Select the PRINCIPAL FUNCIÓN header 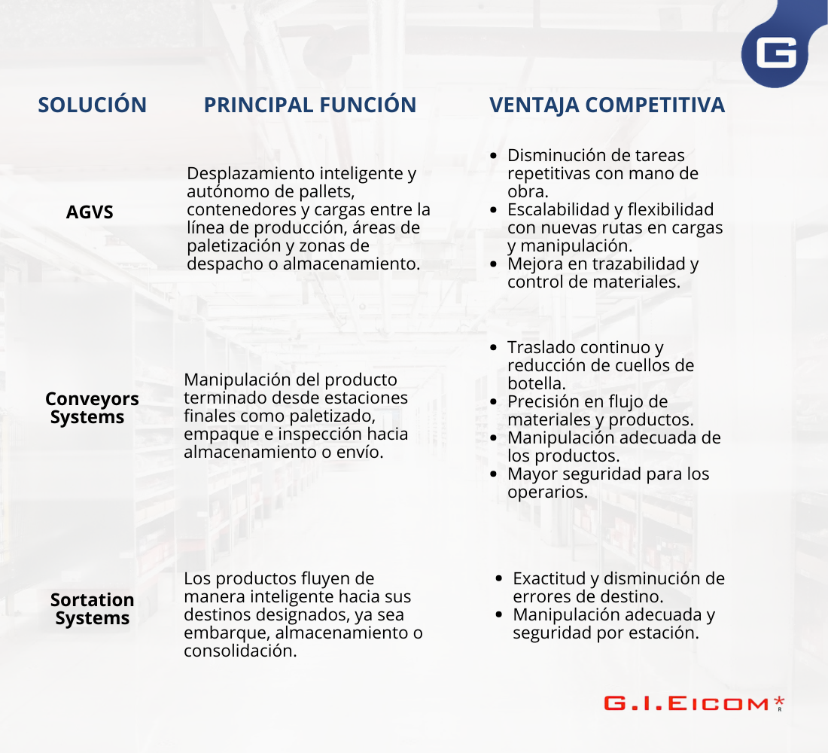click(310, 105)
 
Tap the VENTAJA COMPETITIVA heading click(607, 105)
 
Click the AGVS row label click(90, 212)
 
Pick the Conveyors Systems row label click(92, 408)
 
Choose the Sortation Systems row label click(93, 608)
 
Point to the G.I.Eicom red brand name click(686, 704)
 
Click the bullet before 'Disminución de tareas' click(493, 156)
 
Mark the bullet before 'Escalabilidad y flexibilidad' click(493, 210)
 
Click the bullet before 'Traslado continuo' click(493, 348)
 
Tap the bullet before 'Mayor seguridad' click(493, 474)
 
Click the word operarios click(547, 492)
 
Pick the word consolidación click(240, 651)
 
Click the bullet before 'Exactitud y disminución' click(498, 578)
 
